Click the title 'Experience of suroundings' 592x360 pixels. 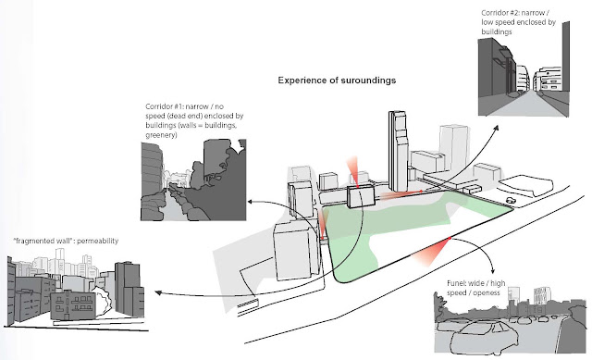coord(337,81)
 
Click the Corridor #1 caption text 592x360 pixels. coord(194,120)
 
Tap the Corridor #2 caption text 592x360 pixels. coord(518,22)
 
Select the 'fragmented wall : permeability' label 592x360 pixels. coord(66,241)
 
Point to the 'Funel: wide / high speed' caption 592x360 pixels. coord(475,288)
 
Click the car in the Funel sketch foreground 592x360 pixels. coord(484,338)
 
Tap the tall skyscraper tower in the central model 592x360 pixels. coord(398,151)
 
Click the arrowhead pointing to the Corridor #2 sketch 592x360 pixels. coord(496,129)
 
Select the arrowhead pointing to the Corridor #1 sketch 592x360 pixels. coord(251,202)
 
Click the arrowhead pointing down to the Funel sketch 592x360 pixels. coord(492,270)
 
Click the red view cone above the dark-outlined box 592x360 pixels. coord(353,171)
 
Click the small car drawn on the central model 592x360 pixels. coord(510,200)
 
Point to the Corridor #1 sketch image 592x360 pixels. coord(193,180)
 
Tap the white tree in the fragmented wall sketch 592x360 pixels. coord(102,301)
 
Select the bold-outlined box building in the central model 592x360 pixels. coord(361,197)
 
